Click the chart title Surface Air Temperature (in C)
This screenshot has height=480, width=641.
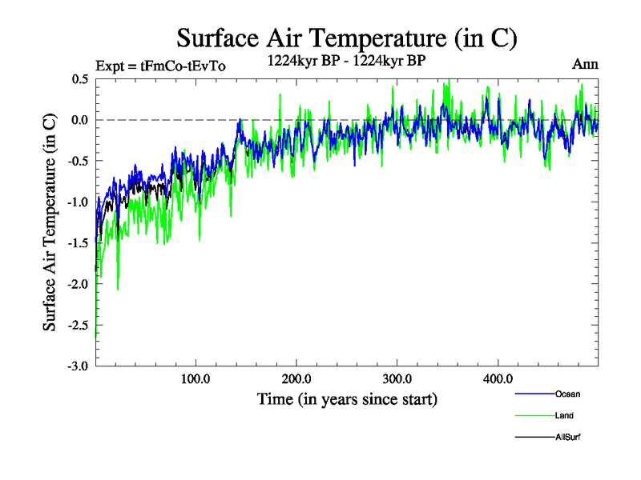(347, 38)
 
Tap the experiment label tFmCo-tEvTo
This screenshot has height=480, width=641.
(160, 66)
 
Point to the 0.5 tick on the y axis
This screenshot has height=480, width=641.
(80, 79)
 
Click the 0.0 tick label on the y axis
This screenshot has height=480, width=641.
(80, 120)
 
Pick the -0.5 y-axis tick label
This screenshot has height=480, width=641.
(78, 161)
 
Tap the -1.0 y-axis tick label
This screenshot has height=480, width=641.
(78, 202)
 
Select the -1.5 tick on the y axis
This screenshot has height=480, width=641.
(78, 243)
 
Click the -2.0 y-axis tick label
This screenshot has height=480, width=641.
(78, 284)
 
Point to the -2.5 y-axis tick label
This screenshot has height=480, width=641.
(78, 325)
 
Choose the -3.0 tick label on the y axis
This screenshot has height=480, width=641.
(78, 366)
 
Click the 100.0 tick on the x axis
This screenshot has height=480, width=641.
(196, 378)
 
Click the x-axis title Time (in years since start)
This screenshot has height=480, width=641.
(347, 398)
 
